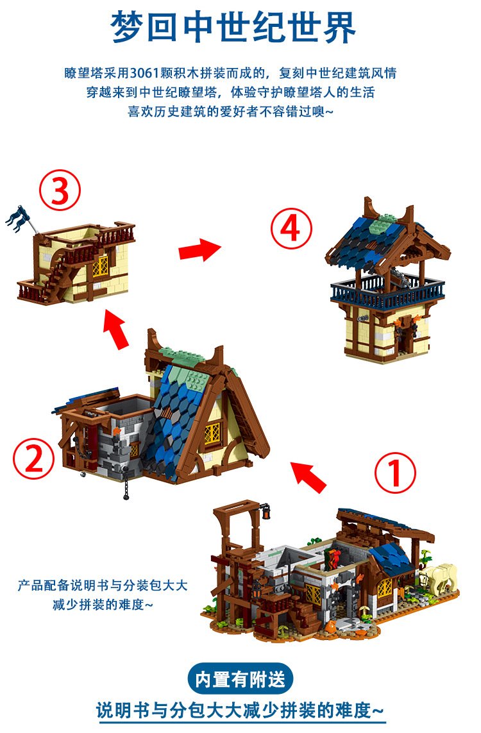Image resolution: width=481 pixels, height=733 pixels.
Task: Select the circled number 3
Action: (x=60, y=190)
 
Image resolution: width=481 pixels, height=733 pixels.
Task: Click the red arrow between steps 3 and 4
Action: (x=199, y=249)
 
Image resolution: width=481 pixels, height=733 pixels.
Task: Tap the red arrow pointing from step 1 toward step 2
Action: (x=308, y=476)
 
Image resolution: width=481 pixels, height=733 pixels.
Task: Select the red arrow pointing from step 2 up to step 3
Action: (x=116, y=328)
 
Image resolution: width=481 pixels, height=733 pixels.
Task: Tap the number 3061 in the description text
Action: (x=144, y=73)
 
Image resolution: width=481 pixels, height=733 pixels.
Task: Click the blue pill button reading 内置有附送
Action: (x=240, y=679)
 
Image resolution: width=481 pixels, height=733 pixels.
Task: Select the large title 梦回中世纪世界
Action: (x=233, y=28)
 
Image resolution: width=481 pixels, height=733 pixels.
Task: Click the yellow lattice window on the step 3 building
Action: (x=100, y=267)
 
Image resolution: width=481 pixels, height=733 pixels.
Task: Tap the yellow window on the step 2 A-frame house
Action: (x=212, y=434)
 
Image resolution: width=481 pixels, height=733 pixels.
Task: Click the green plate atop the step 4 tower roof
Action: (x=382, y=225)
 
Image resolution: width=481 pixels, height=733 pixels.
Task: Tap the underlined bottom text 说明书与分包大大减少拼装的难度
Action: (x=240, y=711)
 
